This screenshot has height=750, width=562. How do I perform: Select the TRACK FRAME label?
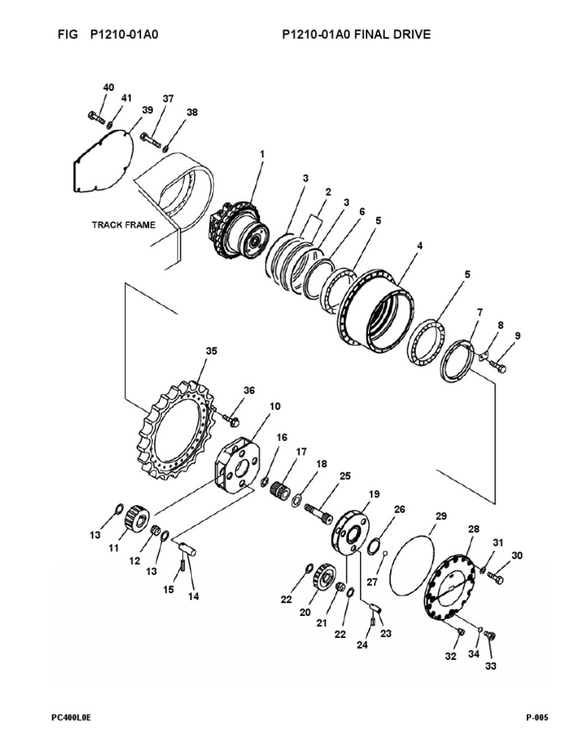pyautogui.click(x=123, y=225)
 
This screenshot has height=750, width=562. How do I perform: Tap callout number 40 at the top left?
pyautogui.click(x=108, y=87)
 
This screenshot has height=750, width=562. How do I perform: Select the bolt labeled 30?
pyautogui.click(x=495, y=577)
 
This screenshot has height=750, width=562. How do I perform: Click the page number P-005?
pyautogui.click(x=536, y=719)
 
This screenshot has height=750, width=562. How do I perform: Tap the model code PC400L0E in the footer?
pyautogui.click(x=71, y=719)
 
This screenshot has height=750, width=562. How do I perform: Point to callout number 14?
pyautogui.click(x=193, y=596)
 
